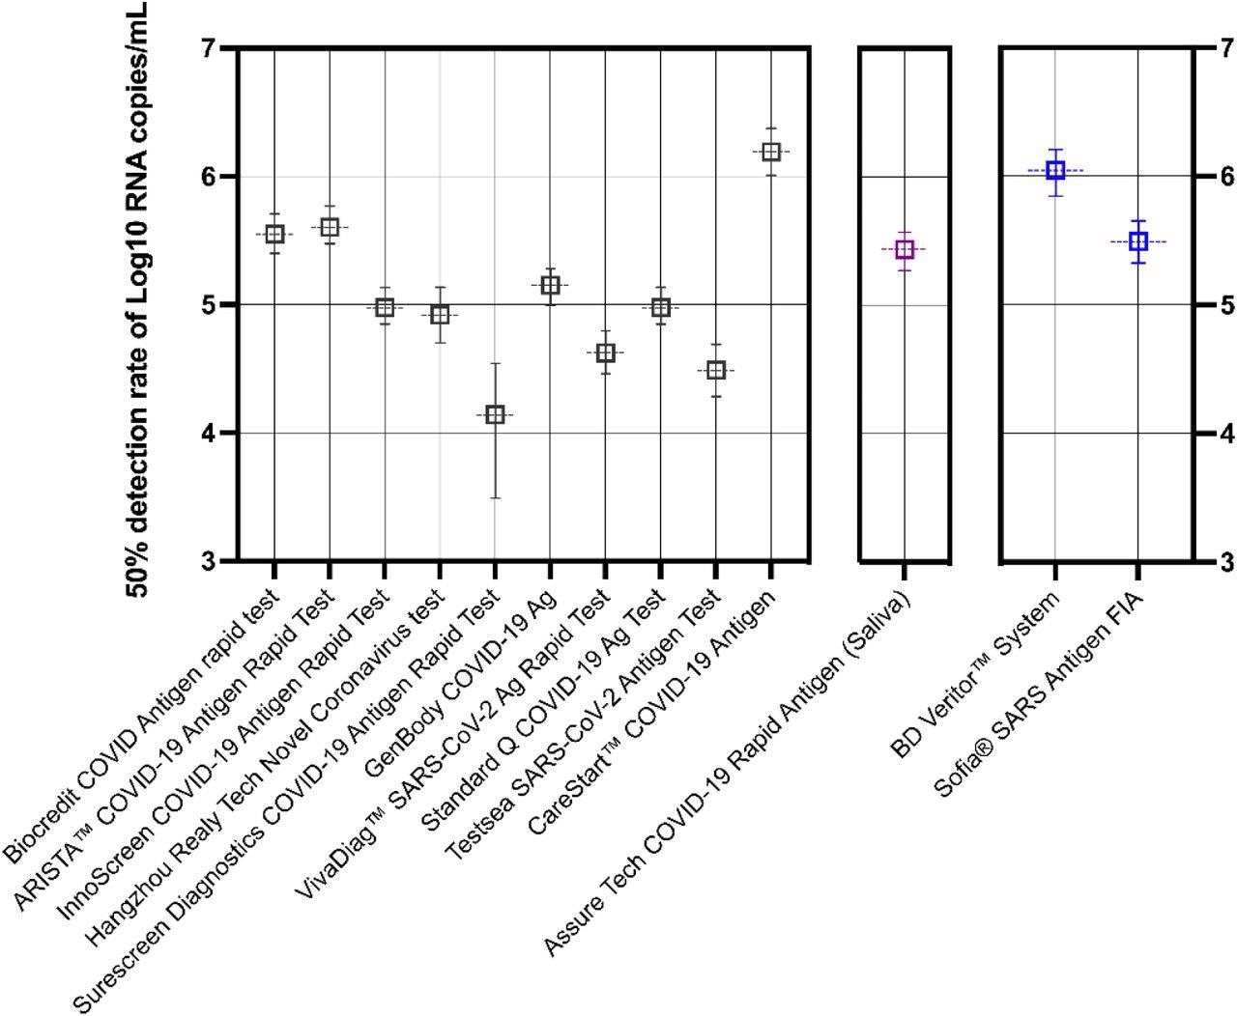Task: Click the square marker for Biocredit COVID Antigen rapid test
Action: tap(274, 234)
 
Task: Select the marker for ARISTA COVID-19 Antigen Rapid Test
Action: tap(330, 227)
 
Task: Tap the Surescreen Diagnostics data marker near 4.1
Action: tap(495, 414)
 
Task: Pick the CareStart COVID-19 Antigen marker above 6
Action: tap(770, 152)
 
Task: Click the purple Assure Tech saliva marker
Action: tap(905, 250)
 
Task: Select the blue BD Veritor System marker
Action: tap(1055, 170)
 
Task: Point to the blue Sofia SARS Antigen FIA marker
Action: tap(1138, 241)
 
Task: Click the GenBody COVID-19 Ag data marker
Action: tap(550, 285)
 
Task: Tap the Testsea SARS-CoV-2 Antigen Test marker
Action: tap(715, 370)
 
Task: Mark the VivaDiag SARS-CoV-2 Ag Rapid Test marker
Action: tap(605, 353)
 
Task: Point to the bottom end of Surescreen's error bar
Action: tap(495, 497)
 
